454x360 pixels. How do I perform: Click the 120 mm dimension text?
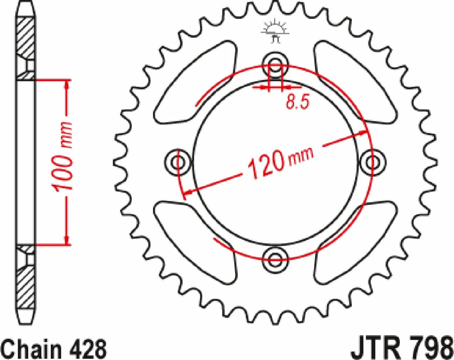coord(280,162)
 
